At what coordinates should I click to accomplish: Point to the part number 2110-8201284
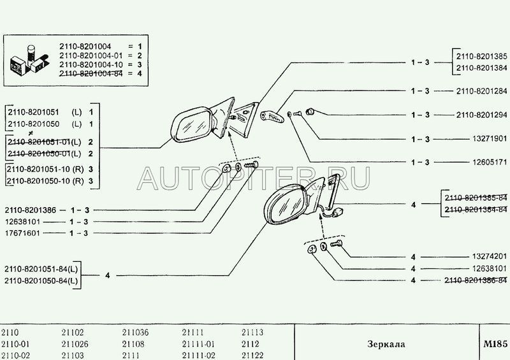[x=482, y=90]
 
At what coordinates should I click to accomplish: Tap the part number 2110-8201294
[x=482, y=115]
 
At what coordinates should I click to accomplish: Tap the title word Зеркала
[x=386, y=344]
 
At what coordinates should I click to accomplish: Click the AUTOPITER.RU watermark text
[x=255, y=180]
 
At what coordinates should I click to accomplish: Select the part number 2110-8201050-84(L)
[x=41, y=280]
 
